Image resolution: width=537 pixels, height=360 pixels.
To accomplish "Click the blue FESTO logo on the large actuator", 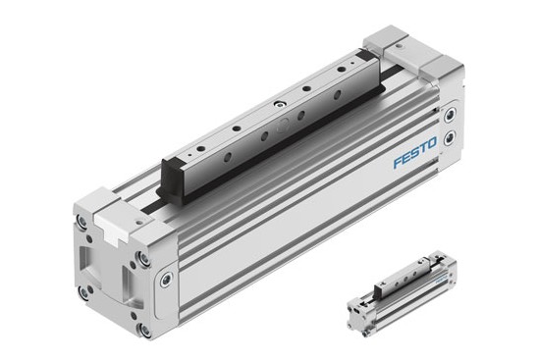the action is click(x=415, y=152).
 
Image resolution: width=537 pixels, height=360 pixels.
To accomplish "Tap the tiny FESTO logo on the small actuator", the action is click(x=441, y=279).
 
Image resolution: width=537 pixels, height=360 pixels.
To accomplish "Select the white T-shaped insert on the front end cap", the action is click(x=110, y=226).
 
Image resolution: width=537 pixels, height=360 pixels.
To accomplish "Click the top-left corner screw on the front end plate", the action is click(x=82, y=222).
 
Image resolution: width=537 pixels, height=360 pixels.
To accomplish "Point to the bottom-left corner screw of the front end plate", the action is click(x=83, y=291).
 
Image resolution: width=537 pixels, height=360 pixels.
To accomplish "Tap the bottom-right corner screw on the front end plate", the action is click(x=144, y=330).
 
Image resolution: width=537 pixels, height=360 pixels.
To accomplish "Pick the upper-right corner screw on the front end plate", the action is click(x=143, y=258).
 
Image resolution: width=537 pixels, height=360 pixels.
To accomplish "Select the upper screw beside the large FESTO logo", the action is click(x=450, y=116).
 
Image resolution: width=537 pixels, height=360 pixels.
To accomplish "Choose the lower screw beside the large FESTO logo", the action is click(x=449, y=138).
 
